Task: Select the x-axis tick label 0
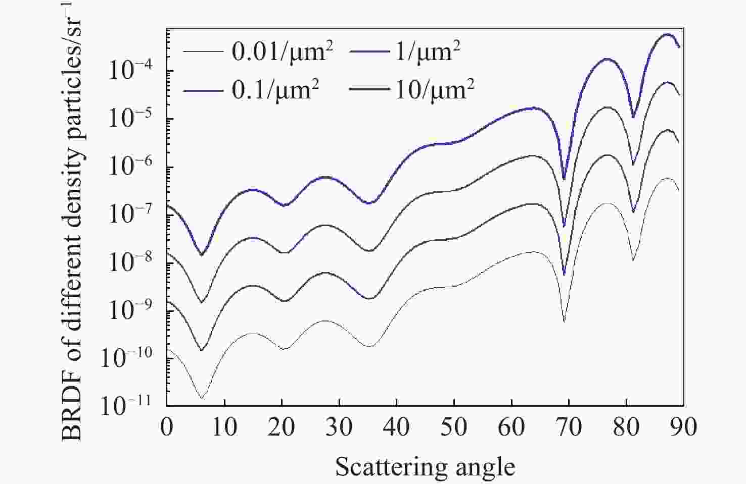coord(166,427)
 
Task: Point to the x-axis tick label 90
coord(683,427)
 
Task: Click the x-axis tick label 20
coord(281,427)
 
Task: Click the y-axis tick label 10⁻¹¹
coord(130,405)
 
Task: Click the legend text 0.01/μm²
coord(283,51)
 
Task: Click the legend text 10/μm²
coord(434,90)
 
